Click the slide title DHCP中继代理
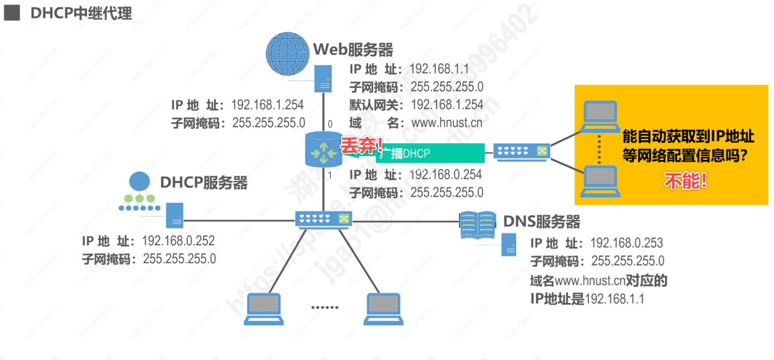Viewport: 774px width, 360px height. pyautogui.click(x=81, y=13)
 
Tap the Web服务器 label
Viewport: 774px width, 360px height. pyautogui.click(x=353, y=49)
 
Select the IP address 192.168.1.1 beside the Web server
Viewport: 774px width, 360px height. pyautogui.click(x=439, y=69)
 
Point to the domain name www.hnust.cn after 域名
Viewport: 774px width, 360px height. pyautogui.click(x=446, y=122)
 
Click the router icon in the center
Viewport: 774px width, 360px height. pyautogui.click(x=322, y=151)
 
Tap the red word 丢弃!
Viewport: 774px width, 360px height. pyautogui.click(x=361, y=146)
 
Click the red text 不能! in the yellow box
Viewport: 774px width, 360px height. pyautogui.click(x=685, y=182)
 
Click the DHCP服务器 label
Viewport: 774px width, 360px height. pyautogui.click(x=204, y=183)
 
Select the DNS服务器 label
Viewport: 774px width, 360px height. pyautogui.click(x=542, y=221)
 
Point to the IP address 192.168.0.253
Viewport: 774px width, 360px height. pyautogui.click(x=626, y=243)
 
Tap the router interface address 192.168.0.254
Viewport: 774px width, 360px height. pyautogui.click(x=445, y=174)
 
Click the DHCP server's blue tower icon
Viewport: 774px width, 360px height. pyautogui.click(x=174, y=215)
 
